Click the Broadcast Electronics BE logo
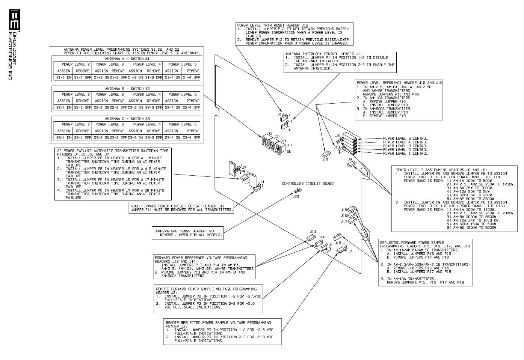pos(14,18)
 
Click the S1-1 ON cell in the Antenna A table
pos(64,78)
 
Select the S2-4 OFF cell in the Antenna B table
pos(192,108)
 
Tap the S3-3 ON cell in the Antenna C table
pos(135,138)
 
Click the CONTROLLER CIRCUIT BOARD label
pos(308,184)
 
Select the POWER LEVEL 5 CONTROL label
pos(405,139)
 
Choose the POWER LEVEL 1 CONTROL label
pos(405,154)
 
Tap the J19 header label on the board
pos(325,160)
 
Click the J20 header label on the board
pos(296,197)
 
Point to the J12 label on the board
pos(281,114)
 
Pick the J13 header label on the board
pos(313,232)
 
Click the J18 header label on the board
pos(338,243)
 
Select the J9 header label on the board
pos(350,160)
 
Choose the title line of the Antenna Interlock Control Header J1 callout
pos(323,54)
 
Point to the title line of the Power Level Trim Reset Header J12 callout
pos(273,25)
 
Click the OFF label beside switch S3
pos(290,145)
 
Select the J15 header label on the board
pos(344,210)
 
